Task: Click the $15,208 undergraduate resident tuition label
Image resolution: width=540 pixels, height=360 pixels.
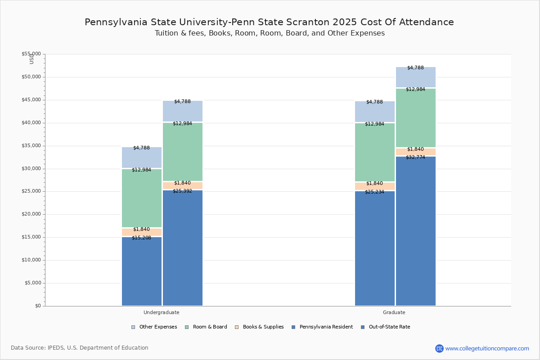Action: [141, 238]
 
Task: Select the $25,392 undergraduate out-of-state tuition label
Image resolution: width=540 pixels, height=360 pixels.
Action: [182, 191]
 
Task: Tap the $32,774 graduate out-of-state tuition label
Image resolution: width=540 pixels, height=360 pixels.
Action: [415, 157]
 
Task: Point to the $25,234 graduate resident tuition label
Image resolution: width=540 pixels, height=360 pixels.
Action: [374, 192]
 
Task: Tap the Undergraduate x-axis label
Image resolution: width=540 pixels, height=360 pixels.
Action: [162, 312]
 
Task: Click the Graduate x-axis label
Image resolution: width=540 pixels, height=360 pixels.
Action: [394, 312]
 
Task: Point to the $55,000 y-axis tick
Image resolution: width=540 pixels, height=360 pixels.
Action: [31, 54]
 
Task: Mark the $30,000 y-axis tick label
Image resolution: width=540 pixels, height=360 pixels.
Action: [31, 169]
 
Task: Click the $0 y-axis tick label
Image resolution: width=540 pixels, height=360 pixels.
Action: [37, 306]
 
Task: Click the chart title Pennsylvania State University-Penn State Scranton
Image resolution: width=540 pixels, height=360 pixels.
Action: [269, 22]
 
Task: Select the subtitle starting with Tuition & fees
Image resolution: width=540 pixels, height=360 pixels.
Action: [270, 33]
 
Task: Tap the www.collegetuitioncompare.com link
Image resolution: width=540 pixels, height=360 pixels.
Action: [487, 348]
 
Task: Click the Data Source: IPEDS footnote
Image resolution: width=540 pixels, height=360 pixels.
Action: [80, 348]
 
